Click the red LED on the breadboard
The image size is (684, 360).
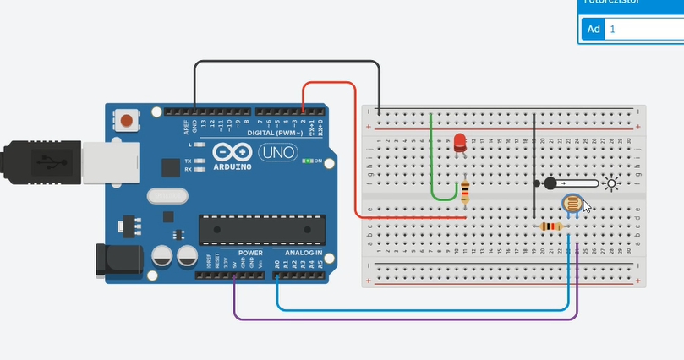[x=460, y=142]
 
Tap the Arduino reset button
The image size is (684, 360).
[x=126, y=120]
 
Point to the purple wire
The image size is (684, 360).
[x=406, y=319]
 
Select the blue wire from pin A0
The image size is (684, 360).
[x=423, y=308]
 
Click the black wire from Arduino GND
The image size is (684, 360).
[x=287, y=62]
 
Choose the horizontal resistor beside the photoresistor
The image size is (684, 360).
[x=550, y=226]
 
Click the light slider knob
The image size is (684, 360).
[x=550, y=183]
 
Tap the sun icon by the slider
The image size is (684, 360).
[x=610, y=183]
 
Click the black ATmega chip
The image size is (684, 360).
[x=262, y=230]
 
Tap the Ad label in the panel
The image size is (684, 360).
[x=593, y=29]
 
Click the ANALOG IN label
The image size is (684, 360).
[x=302, y=253]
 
